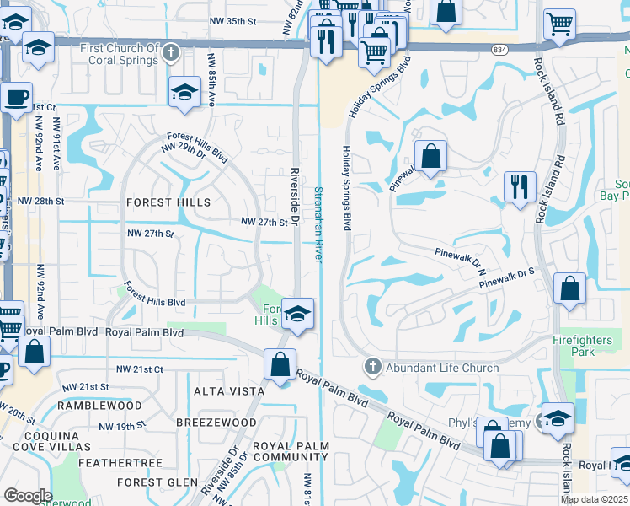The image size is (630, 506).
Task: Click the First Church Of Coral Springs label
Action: pos(119,54)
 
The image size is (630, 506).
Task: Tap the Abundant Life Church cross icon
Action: pos(373,367)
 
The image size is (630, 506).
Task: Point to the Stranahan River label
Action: pos(318,224)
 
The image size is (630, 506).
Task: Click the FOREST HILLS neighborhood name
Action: pos(168,202)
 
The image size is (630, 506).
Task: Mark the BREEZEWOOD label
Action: pos(216,422)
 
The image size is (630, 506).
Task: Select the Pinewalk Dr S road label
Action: pos(508,282)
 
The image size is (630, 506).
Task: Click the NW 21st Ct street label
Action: pos(140,369)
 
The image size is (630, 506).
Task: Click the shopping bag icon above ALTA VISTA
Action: pos(280,364)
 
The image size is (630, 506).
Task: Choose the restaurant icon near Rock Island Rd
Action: pos(520,186)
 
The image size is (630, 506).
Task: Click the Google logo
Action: pos(28,496)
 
